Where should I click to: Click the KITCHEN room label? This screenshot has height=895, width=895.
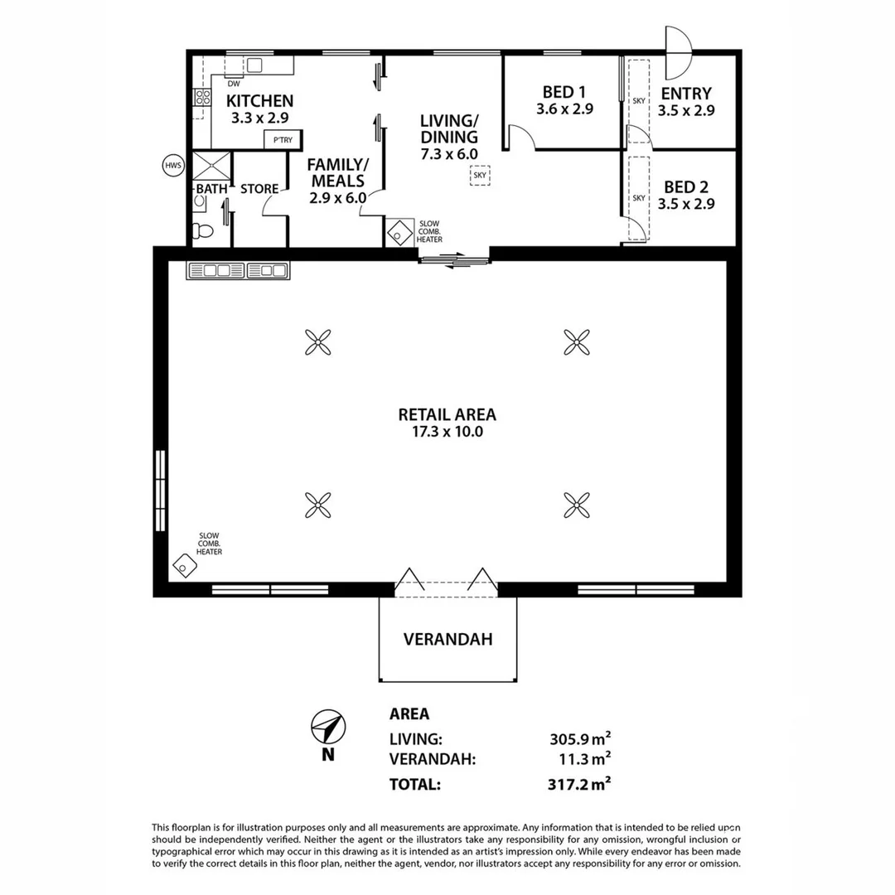point(260,101)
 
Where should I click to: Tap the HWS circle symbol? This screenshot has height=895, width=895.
point(172,166)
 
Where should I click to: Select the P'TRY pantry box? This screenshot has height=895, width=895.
point(283,140)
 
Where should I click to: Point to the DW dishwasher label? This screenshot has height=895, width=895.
point(234,84)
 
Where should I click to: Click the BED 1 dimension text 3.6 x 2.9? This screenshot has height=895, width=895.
point(565,109)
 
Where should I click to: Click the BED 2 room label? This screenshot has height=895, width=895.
point(686,187)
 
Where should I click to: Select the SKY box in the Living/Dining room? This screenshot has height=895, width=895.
point(480,175)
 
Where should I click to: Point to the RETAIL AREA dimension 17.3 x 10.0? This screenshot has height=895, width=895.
point(447,432)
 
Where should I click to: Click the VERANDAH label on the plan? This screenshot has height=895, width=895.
point(448,639)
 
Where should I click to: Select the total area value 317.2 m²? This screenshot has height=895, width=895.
point(579,782)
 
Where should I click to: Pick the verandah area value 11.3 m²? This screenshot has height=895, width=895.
point(583,757)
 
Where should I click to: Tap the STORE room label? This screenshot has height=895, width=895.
point(259,189)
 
